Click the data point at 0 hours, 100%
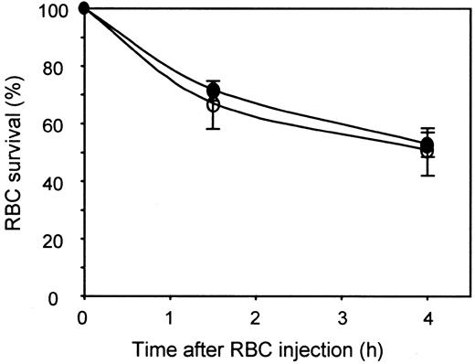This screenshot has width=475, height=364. (84, 8)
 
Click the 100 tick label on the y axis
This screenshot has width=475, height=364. (59, 9)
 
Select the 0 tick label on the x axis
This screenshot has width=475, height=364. (84, 315)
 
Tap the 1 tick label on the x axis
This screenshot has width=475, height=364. (170, 315)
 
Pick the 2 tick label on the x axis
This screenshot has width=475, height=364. (256, 315)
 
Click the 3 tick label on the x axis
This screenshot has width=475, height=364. (342, 315)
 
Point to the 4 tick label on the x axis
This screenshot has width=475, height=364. (427, 315)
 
